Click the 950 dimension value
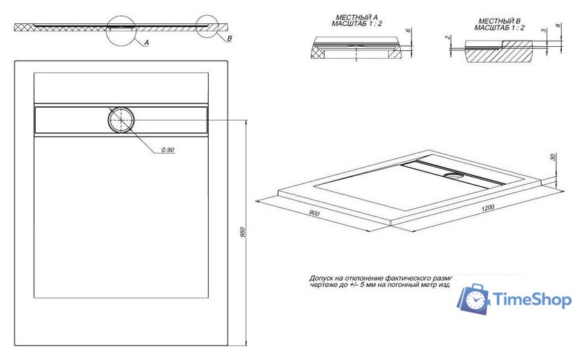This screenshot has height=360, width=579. [242, 232]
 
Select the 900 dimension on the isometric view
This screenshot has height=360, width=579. [314, 214]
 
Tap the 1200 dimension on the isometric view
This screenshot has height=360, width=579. [489, 208]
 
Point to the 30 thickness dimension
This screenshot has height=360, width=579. [553, 157]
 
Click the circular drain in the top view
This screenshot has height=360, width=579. [122, 119]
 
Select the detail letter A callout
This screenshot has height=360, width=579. [147, 43]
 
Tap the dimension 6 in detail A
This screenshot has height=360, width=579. [408, 32]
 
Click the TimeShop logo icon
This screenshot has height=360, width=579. [475, 299]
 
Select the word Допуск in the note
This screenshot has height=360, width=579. [323, 277]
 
